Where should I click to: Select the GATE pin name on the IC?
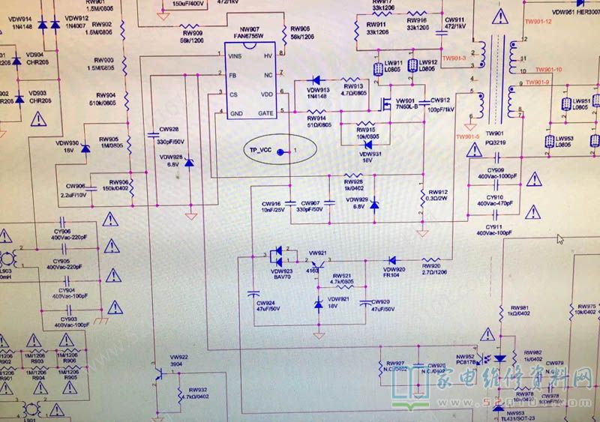coord(265,113)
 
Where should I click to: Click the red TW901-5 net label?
coord(466,137)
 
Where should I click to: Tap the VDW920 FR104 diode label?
coord(394,272)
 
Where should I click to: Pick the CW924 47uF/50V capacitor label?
coord(268,305)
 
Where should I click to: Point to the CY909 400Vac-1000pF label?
coord(495,173)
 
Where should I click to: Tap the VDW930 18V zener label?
coord(67,146)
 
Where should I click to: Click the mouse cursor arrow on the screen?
coord(560,239)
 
